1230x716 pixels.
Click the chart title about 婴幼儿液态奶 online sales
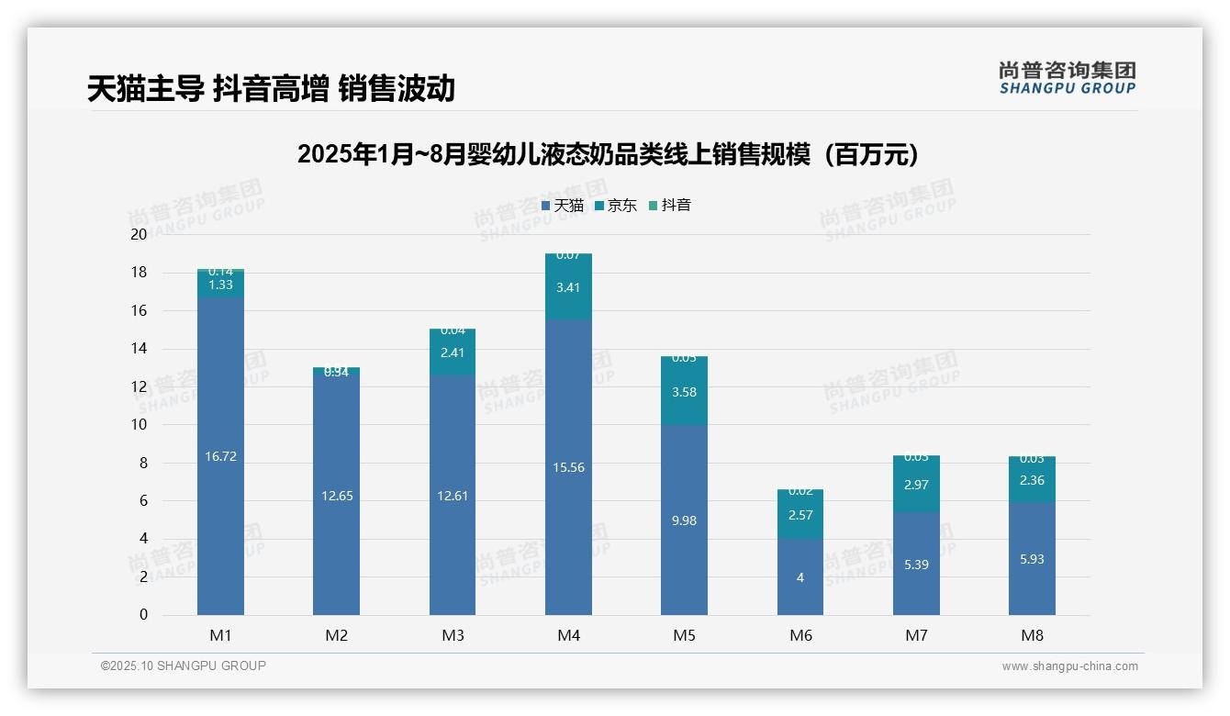point(608,154)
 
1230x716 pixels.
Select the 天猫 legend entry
point(563,206)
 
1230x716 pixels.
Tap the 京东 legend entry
point(616,206)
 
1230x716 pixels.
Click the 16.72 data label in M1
point(220,456)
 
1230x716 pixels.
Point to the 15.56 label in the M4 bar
point(568,467)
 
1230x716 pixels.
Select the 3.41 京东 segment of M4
point(568,287)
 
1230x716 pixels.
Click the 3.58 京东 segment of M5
point(684,392)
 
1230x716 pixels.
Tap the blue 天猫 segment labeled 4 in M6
point(800,577)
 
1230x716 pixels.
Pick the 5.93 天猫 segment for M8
point(1032,559)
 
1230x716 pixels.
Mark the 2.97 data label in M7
point(916,485)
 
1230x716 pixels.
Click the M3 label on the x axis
point(453,635)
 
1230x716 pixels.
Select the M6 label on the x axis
point(800,635)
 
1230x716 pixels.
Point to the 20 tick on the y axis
point(139,234)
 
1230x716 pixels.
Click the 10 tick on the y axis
point(139,425)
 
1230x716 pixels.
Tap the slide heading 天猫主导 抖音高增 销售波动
point(271,89)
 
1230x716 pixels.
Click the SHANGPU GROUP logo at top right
point(1067,78)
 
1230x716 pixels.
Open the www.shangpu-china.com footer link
point(1069,666)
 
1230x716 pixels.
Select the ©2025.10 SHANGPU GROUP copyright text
point(184,666)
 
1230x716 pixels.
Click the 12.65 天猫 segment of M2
point(336,496)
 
